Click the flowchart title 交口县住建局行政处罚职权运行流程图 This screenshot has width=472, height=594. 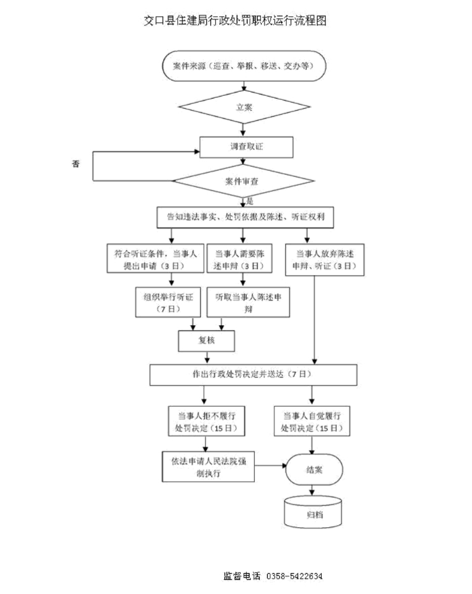[x=235, y=21]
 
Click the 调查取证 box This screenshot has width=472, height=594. [x=246, y=147]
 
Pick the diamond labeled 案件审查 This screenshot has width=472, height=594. [x=244, y=181]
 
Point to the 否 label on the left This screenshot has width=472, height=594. [x=76, y=164]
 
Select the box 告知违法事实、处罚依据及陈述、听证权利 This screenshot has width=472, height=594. [x=245, y=218]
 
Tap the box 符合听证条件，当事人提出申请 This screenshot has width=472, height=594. [x=155, y=259]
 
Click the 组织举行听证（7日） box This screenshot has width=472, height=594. [x=168, y=301]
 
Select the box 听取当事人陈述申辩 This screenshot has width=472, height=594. [x=247, y=301]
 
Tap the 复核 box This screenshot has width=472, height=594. [x=206, y=341]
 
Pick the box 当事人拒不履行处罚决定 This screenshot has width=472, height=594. [x=206, y=421]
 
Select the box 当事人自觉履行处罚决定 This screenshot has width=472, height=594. [x=312, y=421]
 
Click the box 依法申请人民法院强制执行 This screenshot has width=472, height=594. [x=208, y=466]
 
